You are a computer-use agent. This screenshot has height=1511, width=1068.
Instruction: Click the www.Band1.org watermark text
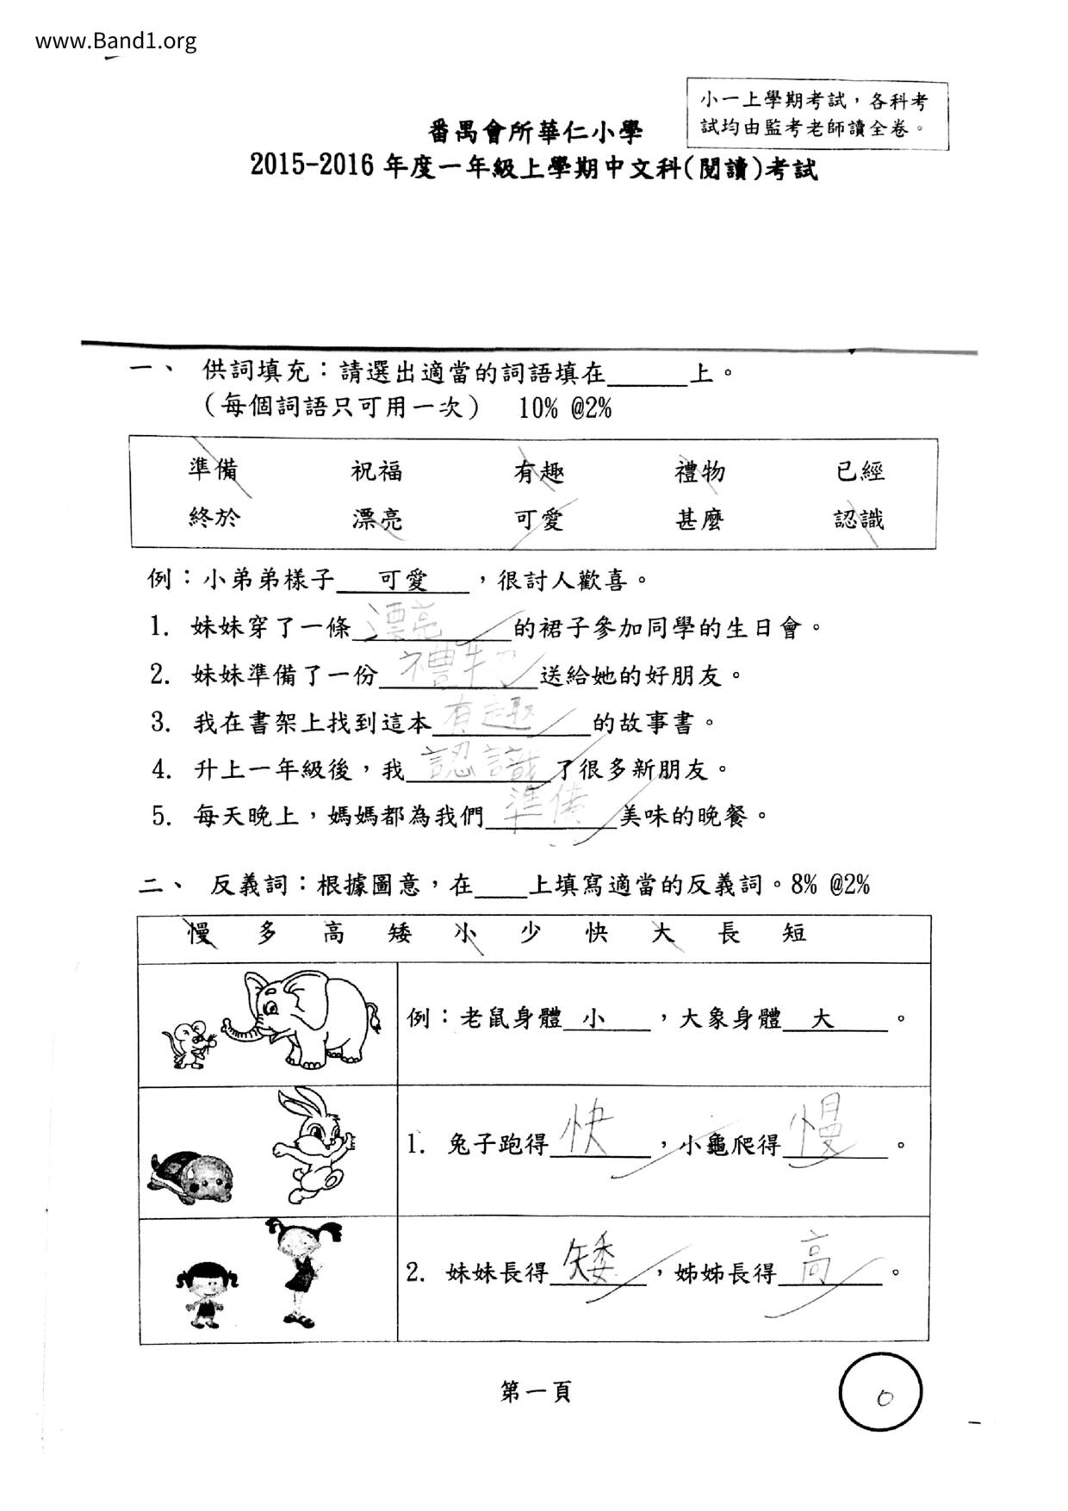pos(115,40)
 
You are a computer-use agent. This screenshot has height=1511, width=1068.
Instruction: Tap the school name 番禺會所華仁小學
pos(535,132)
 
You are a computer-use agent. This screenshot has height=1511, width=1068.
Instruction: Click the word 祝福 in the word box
pos(376,471)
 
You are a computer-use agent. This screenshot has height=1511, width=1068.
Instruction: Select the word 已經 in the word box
pos(860,471)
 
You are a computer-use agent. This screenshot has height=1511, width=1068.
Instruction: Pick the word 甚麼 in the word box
pos(699,519)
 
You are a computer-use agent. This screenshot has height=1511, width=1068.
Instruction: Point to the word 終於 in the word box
pos(214,517)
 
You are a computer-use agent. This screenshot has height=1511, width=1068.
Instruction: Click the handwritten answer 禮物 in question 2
pos(456,671)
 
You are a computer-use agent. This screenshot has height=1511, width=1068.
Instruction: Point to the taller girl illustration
pos(301,1272)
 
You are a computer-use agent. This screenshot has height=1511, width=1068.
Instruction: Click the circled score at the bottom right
pos(880,1393)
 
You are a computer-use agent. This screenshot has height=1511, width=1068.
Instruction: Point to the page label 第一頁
pos(535,1391)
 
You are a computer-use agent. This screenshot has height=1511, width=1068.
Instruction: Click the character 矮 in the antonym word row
pos(399,932)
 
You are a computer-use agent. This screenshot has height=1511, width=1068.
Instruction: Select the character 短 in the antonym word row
pos(794,932)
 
